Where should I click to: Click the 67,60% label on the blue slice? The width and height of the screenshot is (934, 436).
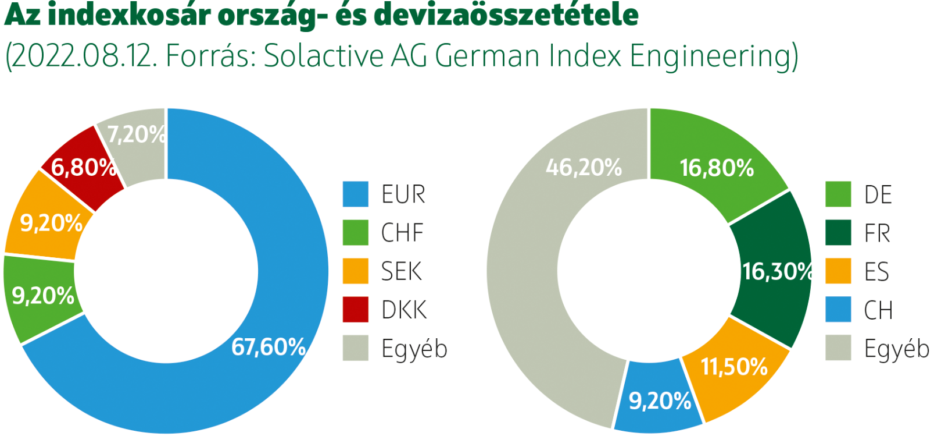(x=268, y=348)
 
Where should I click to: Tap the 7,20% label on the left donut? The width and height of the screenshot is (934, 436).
(x=136, y=135)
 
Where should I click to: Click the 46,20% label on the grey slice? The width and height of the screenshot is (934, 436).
(x=583, y=168)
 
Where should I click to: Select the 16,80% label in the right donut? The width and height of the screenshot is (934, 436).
(x=717, y=168)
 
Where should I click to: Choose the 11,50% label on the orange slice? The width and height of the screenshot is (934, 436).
(x=734, y=367)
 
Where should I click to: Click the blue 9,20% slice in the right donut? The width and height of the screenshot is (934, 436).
(x=659, y=401)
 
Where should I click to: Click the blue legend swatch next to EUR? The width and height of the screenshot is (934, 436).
(x=355, y=194)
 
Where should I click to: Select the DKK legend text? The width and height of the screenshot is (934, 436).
(x=404, y=310)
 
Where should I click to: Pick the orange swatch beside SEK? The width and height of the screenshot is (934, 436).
(x=355, y=271)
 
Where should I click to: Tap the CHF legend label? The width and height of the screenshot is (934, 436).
(x=402, y=233)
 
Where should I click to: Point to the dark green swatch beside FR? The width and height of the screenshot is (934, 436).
(x=838, y=233)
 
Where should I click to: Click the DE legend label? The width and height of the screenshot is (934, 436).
(x=878, y=194)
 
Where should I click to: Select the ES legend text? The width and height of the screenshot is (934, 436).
(x=876, y=271)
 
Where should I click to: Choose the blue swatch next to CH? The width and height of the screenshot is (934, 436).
(x=838, y=310)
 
